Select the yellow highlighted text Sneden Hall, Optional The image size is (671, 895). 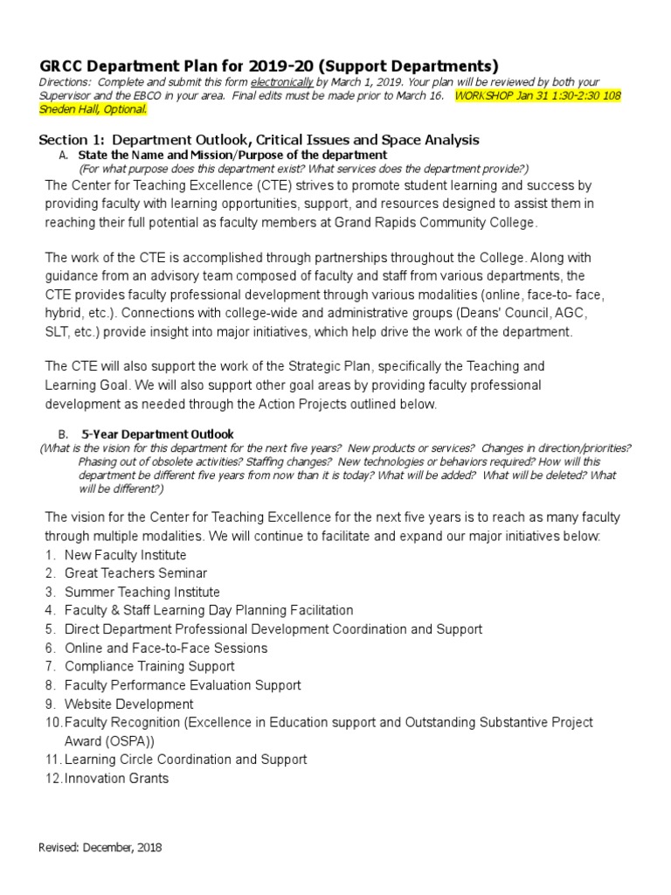(93, 109)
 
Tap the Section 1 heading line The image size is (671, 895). (259, 140)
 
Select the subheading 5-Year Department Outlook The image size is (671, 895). (157, 434)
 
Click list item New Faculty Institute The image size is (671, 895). (125, 555)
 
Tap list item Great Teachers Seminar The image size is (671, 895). (135, 573)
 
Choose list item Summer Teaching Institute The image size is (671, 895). (142, 592)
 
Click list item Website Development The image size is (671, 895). (128, 704)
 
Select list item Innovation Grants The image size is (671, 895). (116, 778)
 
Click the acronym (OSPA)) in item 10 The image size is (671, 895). (128, 740)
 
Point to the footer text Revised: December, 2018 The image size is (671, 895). (100, 847)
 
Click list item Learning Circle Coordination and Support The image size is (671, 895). (185, 760)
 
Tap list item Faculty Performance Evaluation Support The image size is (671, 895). (183, 685)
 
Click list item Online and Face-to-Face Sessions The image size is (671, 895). (166, 648)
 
